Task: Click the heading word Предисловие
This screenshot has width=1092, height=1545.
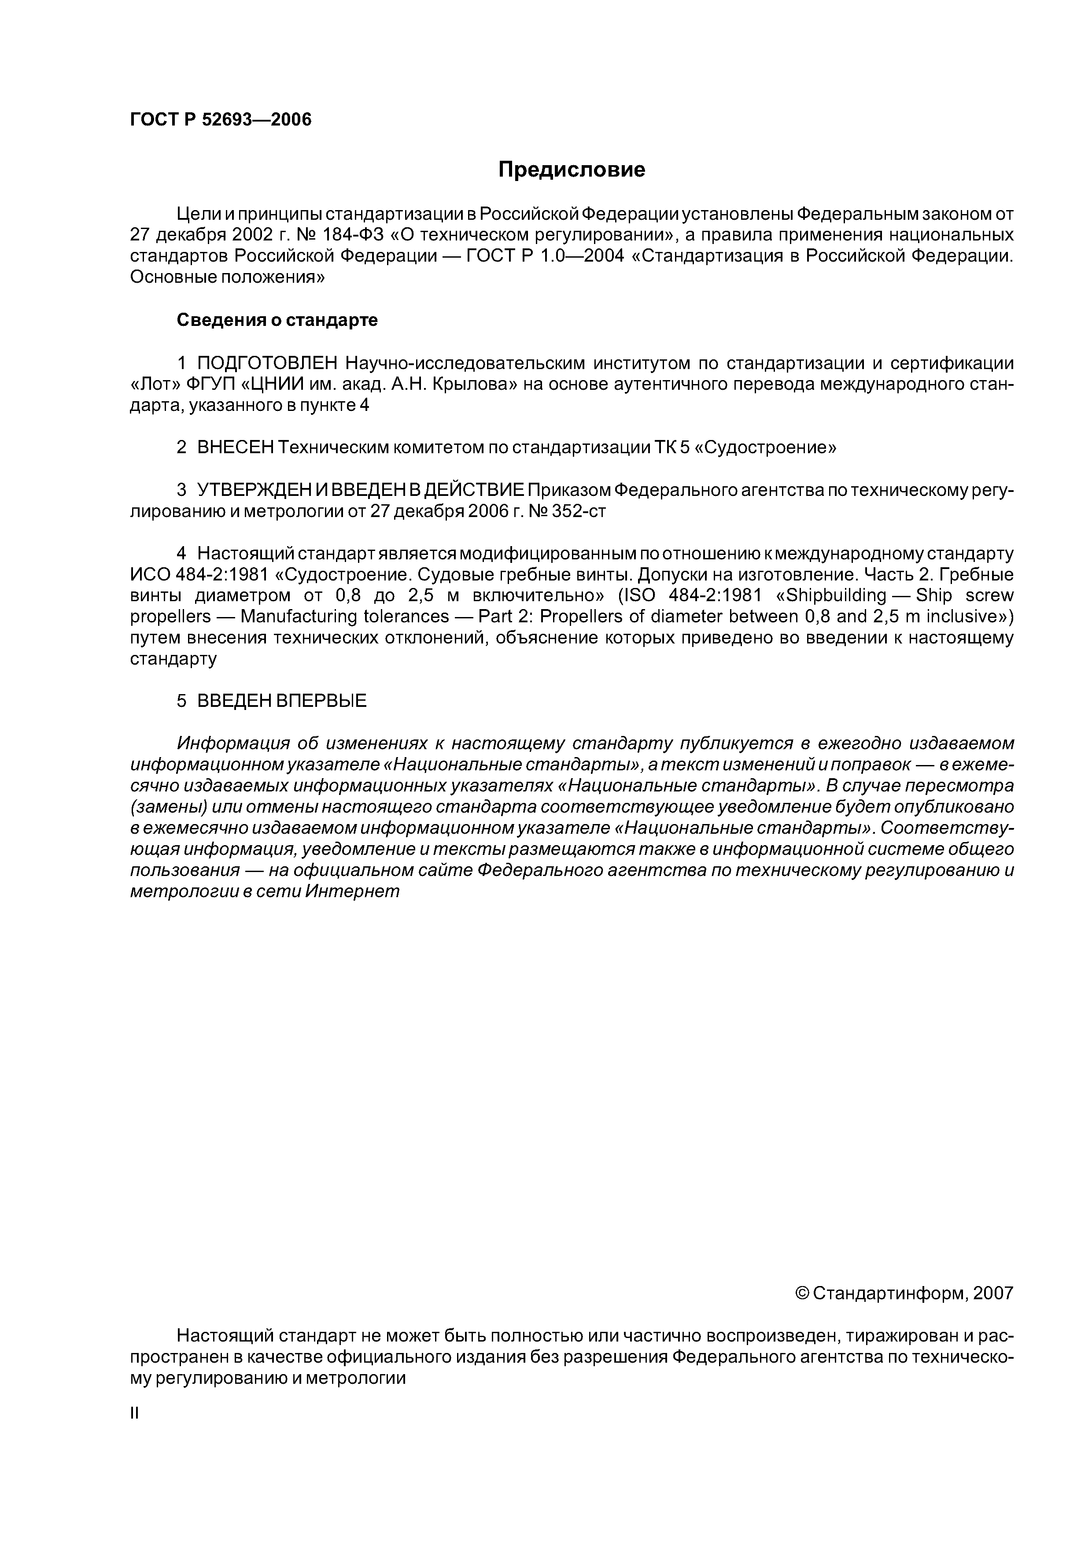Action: [x=571, y=170]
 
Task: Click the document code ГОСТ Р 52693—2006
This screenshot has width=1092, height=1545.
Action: [x=221, y=120]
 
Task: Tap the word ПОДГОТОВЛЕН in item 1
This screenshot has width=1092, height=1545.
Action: [x=268, y=363]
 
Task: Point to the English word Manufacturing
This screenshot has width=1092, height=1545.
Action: [x=344, y=617]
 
